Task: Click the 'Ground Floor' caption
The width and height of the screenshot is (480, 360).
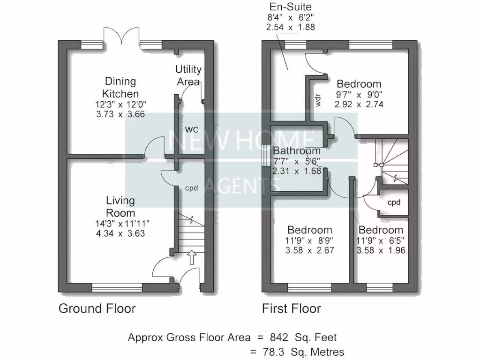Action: tap(97, 308)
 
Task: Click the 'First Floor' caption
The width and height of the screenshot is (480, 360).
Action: tap(291, 308)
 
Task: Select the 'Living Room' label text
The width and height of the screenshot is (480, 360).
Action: tap(120, 207)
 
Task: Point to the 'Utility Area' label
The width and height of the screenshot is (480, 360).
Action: tap(188, 75)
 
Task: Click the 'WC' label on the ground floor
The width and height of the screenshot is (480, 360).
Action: tap(190, 128)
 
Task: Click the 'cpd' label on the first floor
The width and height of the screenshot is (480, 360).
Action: tap(393, 203)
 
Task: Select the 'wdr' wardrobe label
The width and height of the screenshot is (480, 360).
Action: tap(318, 101)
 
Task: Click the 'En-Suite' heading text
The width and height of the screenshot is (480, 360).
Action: tap(290, 7)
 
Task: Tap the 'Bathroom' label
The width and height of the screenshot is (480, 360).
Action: tap(297, 151)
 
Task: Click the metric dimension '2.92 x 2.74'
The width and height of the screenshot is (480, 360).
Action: tap(359, 105)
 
